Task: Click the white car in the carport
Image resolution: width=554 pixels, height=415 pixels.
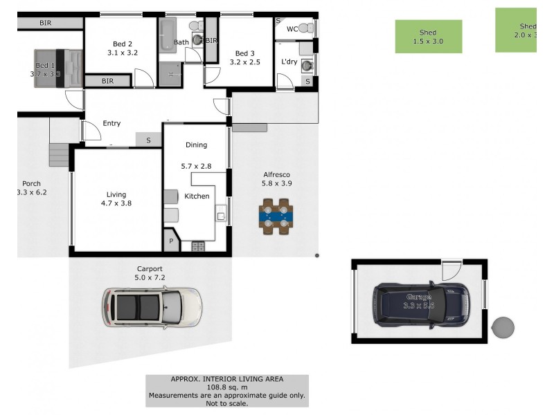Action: [152, 307]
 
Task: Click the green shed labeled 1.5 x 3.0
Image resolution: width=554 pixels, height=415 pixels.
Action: [428, 37]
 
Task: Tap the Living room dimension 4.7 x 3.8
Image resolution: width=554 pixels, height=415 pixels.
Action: [116, 203]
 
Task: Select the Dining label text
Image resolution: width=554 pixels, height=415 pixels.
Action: [196, 145]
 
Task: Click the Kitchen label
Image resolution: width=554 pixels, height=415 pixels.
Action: [197, 196]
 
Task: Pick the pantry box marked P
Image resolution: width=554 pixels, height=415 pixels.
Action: [170, 242]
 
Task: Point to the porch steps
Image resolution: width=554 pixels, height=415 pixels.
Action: [60, 154]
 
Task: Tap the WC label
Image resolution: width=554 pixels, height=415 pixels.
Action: [292, 29]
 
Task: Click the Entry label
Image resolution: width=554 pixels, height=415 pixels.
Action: [111, 124]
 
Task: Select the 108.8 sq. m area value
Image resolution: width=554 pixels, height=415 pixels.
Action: [226, 387]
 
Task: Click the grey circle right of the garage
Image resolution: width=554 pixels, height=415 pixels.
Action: [503, 328]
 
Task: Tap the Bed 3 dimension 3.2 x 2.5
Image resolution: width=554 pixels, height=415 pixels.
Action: [245, 62]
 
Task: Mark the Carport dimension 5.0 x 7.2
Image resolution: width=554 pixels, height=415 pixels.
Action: [149, 277]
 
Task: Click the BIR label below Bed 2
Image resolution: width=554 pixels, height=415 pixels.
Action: [107, 81]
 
